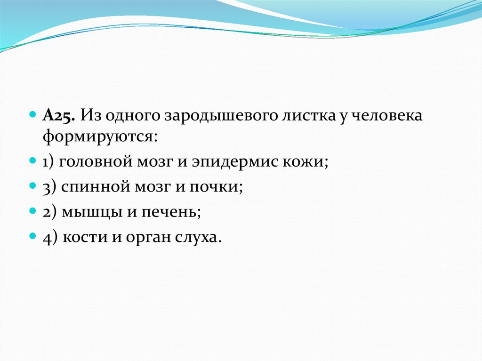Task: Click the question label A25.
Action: click(x=59, y=116)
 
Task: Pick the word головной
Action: click(x=95, y=162)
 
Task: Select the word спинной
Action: click(x=96, y=187)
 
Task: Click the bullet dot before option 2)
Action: click(x=33, y=211)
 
